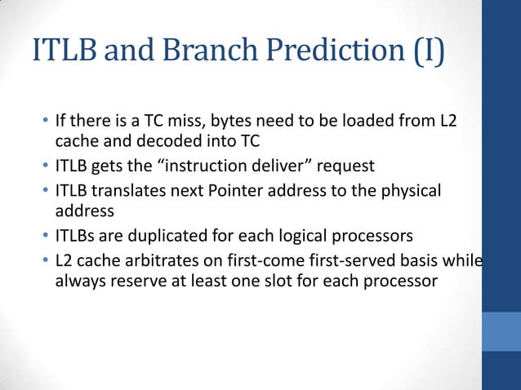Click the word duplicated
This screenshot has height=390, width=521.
point(174,237)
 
